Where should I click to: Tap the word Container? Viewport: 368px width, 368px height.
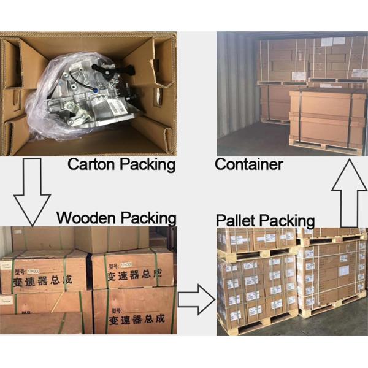point(248,164)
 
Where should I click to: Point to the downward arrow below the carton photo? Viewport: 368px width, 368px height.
point(31,190)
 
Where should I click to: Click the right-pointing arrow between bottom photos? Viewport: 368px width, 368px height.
point(196,299)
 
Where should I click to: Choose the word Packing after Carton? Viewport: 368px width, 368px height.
point(146,164)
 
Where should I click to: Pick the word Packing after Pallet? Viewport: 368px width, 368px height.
point(286,220)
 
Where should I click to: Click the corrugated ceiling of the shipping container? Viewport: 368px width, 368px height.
point(288,35)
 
